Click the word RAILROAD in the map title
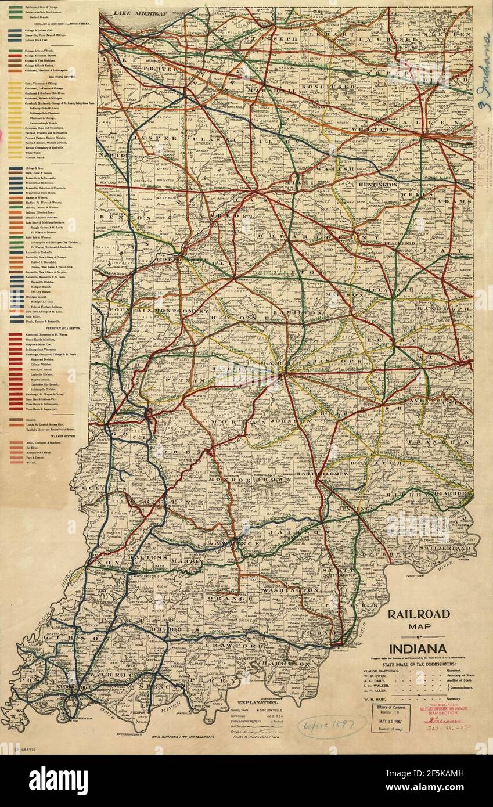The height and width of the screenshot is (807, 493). tap(418, 614)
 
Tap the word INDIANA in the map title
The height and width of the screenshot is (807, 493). tap(418, 648)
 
